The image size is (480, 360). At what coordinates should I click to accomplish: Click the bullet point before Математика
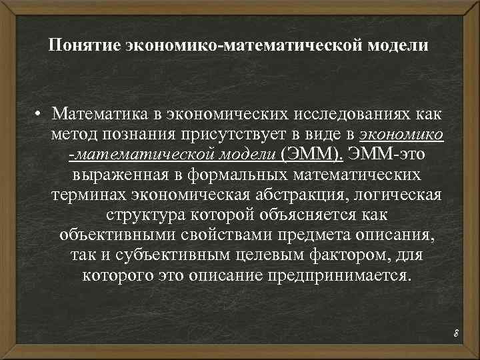41,114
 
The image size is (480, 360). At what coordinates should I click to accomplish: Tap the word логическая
403,195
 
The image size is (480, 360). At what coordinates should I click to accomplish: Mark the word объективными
121,237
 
